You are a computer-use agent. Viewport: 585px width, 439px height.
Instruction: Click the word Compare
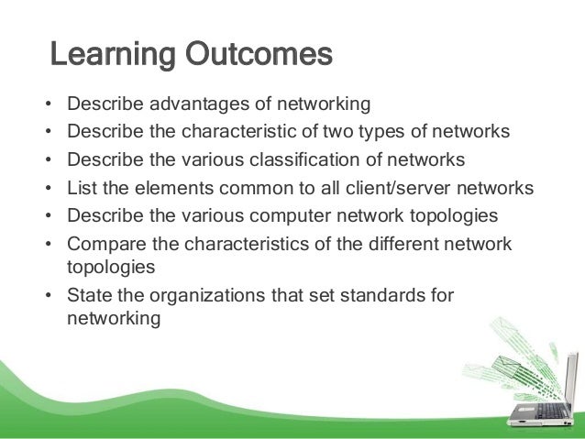point(105,245)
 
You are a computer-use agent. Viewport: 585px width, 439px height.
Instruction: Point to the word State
point(89,295)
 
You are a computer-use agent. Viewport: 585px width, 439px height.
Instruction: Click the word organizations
point(208,295)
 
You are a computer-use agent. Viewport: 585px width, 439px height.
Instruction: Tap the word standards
point(383,295)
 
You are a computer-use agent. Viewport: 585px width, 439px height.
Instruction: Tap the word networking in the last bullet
point(115,320)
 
